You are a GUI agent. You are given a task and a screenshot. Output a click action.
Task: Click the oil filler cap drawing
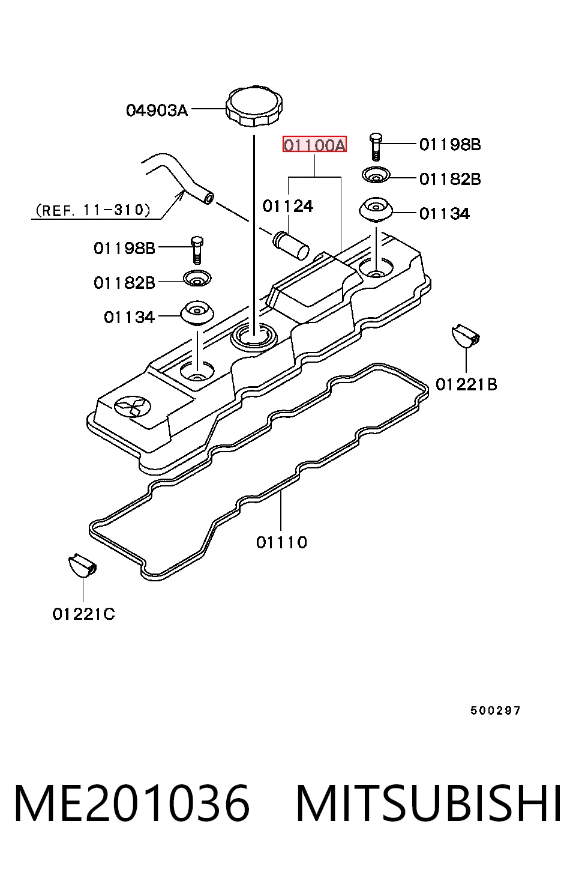[254, 106]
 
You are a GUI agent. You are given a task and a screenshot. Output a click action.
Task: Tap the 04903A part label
[157, 111]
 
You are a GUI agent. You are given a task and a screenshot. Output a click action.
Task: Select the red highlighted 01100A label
[314, 145]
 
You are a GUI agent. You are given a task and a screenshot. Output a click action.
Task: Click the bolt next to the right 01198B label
[376, 147]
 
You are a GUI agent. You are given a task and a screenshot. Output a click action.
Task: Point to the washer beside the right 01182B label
[376, 175]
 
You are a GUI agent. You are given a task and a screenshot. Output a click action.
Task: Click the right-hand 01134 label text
[445, 214]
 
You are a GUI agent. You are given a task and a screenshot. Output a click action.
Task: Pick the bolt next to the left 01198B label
[197, 250]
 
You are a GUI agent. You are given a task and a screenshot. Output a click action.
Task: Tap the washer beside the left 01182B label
[197, 278]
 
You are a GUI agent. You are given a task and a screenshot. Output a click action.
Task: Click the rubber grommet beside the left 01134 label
[197, 312]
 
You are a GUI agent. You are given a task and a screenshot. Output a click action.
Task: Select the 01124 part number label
[288, 207]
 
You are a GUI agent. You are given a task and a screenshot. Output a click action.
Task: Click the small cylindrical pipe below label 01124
[292, 246]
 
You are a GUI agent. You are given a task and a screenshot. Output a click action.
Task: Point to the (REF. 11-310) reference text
[93, 210]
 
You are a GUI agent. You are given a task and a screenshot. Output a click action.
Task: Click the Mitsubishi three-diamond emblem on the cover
[132, 407]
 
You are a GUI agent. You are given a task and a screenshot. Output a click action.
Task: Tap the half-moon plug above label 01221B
[466, 335]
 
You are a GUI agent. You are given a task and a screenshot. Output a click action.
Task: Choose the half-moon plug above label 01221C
[82, 565]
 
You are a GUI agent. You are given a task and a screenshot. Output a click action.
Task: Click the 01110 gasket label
[281, 542]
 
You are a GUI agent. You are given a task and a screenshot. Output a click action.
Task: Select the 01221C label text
[83, 614]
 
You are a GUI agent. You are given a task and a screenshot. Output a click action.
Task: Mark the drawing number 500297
[495, 710]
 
